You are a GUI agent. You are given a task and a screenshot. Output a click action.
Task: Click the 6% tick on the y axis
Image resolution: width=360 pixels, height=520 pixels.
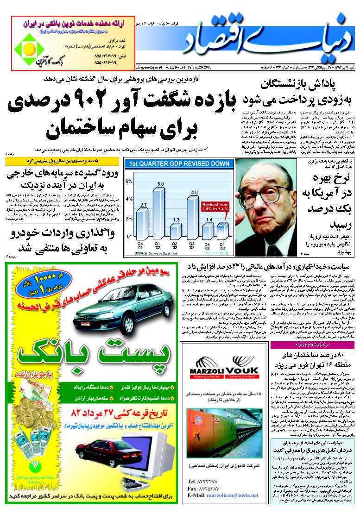click(129, 182)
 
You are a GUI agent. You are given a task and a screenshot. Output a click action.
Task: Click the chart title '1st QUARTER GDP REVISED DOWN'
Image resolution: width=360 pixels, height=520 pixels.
click(178, 163)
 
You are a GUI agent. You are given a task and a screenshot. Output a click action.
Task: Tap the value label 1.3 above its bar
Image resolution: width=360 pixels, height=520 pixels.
click(176, 219)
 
